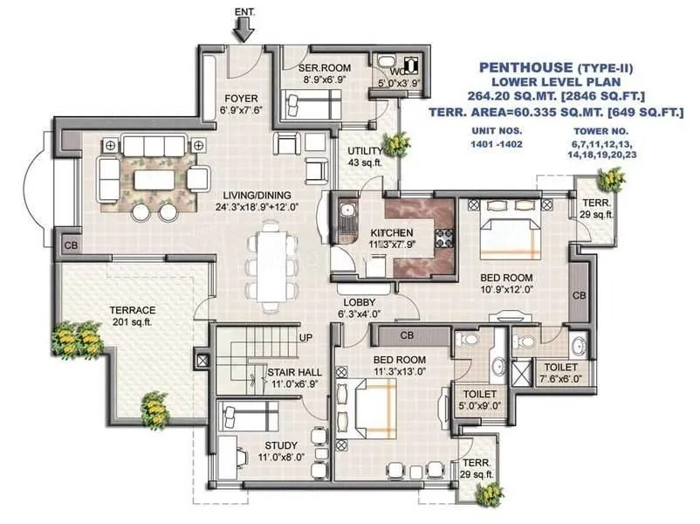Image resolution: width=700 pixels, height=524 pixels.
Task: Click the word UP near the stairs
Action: point(305,337)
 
